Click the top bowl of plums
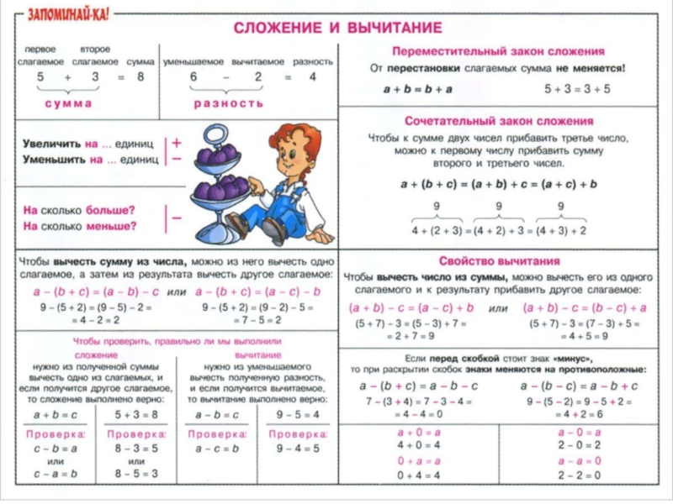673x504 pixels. pyautogui.click(x=217, y=156)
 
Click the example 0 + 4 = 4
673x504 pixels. pyautogui.click(x=418, y=475)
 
